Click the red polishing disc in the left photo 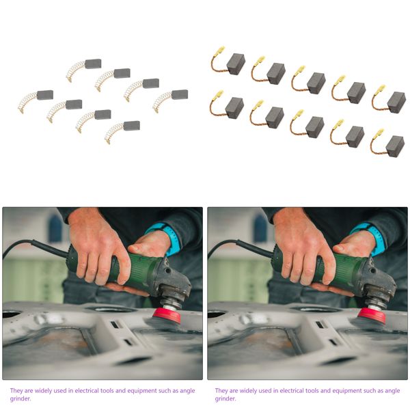tap(166, 316)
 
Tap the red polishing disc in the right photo tap(371, 316)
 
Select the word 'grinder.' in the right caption tap(225, 398)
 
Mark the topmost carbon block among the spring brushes tap(93, 64)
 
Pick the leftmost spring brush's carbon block tap(45, 95)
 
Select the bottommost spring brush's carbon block tap(132, 126)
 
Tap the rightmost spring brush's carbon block tap(180, 94)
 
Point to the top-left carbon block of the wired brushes tap(236, 64)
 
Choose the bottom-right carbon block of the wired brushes tap(395, 146)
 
